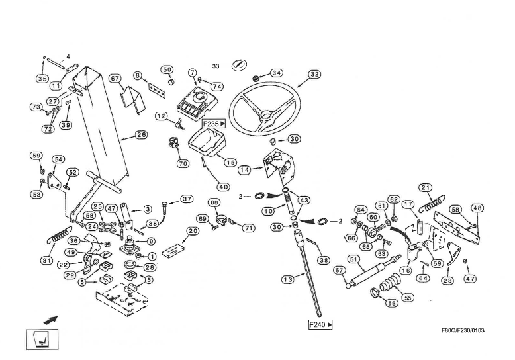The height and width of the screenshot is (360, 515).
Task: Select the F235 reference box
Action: tap(214, 124)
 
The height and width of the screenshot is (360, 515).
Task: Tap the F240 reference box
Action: tap(320, 324)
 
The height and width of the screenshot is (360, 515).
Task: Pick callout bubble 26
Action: tap(141, 135)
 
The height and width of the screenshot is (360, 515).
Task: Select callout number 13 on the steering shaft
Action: tap(287, 280)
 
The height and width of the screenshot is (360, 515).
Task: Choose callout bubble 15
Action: tap(230, 162)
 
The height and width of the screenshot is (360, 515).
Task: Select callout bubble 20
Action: tap(193, 231)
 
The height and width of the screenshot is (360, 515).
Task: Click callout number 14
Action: tap(244, 169)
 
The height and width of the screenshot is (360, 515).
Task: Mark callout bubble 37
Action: tap(187, 199)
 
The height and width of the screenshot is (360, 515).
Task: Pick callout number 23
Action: tap(447, 280)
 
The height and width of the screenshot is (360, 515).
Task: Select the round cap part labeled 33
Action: tap(240, 66)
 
